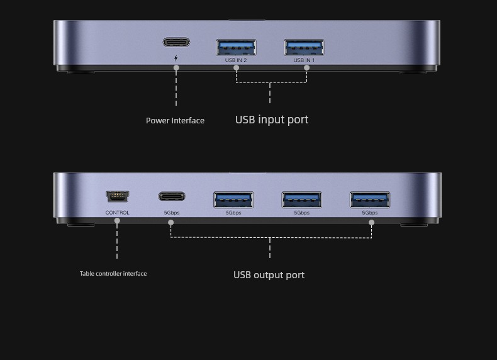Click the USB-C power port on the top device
point(176,42)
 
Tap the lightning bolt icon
point(176,58)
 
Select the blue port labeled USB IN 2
point(236,47)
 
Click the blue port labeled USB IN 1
point(304,47)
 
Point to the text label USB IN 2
point(236,60)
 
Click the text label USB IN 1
point(304,60)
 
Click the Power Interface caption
point(175,121)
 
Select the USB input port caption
point(272,120)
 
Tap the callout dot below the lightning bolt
point(176,67)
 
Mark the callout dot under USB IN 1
point(306,67)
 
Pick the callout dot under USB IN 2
point(236,67)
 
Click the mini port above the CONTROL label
point(117,196)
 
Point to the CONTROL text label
point(117,213)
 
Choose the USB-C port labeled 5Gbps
point(172,196)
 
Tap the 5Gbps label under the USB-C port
point(172,213)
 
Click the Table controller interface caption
point(113,273)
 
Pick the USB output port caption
point(269,274)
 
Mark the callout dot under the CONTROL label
point(117,220)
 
